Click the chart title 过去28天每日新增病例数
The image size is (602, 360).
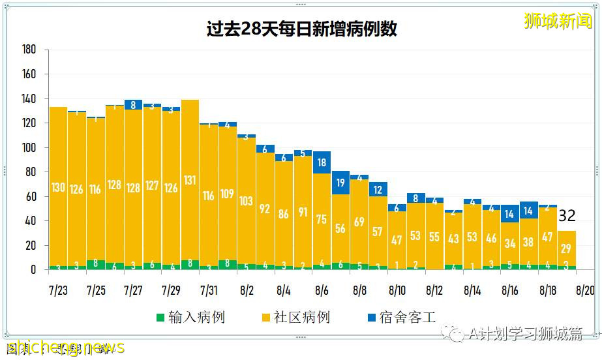pyautogui.click(x=301, y=30)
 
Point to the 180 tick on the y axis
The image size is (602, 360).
pyautogui.click(x=29, y=50)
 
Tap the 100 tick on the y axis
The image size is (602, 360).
pyautogui.click(x=29, y=148)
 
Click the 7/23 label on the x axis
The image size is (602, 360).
pyautogui.click(x=58, y=288)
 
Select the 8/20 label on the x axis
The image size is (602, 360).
pyautogui.click(x=585, y=288)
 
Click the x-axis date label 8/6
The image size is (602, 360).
pyautogui.click(x=322, y=288)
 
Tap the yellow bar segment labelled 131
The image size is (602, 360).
pyautogui.click(x=190, y=180)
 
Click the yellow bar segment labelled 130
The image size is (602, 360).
pyautogui.click(x=58, y=187)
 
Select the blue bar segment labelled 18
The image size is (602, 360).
pyautogui.click(x=322, y=162)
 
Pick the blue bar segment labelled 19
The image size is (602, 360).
pyautogui.click(x=340, y=183)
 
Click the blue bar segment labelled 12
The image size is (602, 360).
pyautogui.click(x=378, y=190)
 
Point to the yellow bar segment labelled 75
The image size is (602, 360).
pyautogui.click(x=322, y=219)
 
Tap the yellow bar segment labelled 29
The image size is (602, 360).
pyautogui.click(x=566, y=248)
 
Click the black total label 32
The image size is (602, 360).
pyautogui.click(x=567, y=216)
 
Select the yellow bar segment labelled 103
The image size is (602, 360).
pyautogui.click(x=247, y=201)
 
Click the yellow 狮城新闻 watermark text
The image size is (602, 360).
pyautogui.click(x=559, y=21)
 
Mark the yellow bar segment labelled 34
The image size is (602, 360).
pyautogui.click(x=510, y=243)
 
